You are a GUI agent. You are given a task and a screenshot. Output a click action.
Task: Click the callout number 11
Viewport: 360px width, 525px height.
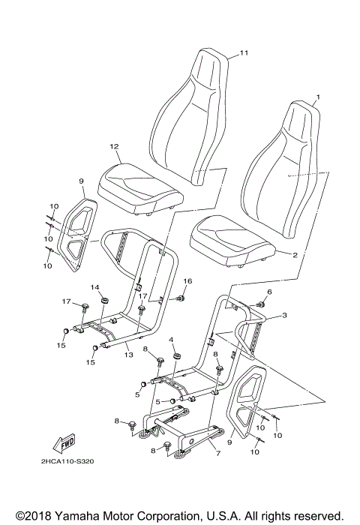click(243, 52)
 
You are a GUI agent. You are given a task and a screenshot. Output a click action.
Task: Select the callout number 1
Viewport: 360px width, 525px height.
click(317, 97)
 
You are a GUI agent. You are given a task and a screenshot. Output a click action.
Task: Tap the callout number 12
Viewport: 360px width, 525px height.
click(114, 146)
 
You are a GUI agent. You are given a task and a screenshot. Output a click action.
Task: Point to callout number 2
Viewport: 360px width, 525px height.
click(295, 255)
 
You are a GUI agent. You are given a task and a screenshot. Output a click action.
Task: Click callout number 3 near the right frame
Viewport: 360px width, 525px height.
click(284, 317)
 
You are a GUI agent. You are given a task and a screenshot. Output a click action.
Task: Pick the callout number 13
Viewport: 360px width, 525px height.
click(128, 355)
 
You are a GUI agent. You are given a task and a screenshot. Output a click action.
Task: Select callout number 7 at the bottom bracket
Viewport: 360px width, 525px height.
click(217, 454)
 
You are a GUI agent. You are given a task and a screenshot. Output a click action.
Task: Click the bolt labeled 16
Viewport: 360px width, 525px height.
click(181, 298)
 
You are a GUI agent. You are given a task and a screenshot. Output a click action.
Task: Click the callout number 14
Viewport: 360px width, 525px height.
click(95, 288)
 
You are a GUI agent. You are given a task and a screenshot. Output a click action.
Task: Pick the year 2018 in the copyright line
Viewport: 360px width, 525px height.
click(33, 515)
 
